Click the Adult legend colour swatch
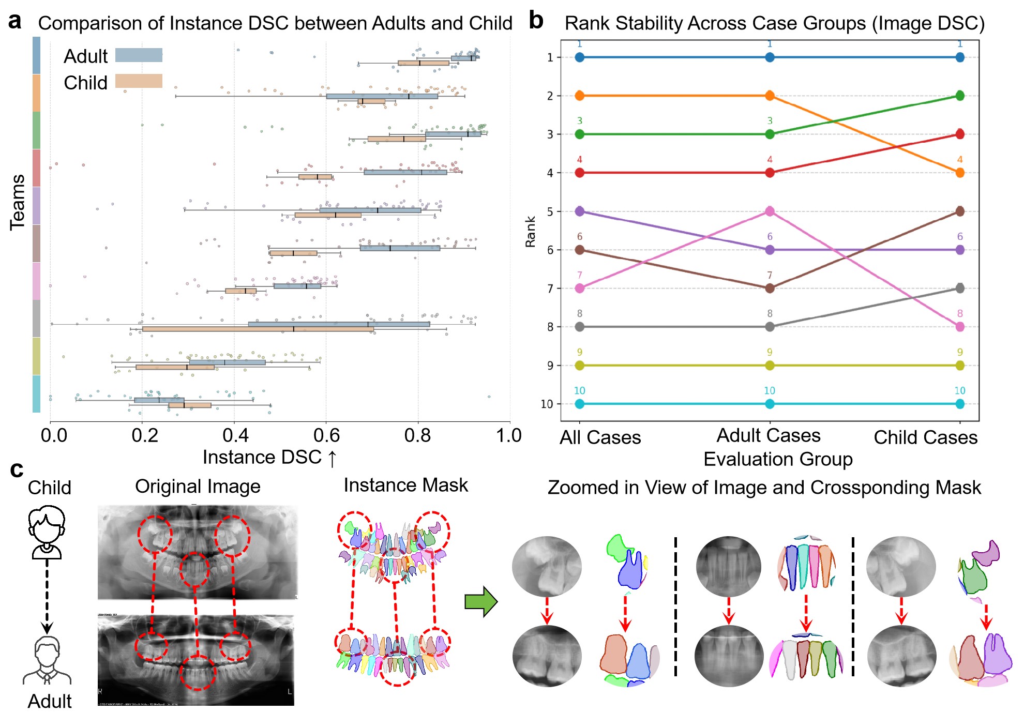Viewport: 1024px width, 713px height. click(x=139, y=55)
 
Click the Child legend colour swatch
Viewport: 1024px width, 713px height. click(x=139, y=81)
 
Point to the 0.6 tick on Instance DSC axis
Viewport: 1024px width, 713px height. click(x=326, y=435)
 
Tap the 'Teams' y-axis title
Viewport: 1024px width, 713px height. click(x=18, y=202)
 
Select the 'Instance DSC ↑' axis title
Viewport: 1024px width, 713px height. click(x=269, y=458)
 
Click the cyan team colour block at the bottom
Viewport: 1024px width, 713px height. click(x=36, y=394)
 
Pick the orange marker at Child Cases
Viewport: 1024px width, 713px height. click(x=960, y=173)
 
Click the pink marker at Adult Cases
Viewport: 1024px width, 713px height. click(x=770, y=211)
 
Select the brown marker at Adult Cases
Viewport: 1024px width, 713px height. click(x=770, y=288)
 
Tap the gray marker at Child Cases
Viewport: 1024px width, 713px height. click(x=960, y=288)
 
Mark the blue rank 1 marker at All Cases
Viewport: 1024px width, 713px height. click(x=580, y=57)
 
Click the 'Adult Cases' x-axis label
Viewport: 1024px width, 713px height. click(x=769, y=436)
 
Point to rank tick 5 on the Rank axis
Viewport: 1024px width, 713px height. click(x=550, y=211)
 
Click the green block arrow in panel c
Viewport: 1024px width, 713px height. click(x=481, y=602)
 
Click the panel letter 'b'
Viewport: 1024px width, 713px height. click(x=536, y=21)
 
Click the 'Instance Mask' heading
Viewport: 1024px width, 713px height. click(x=405, y=486)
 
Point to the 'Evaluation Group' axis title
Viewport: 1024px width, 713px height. click(x=778, y=459)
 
